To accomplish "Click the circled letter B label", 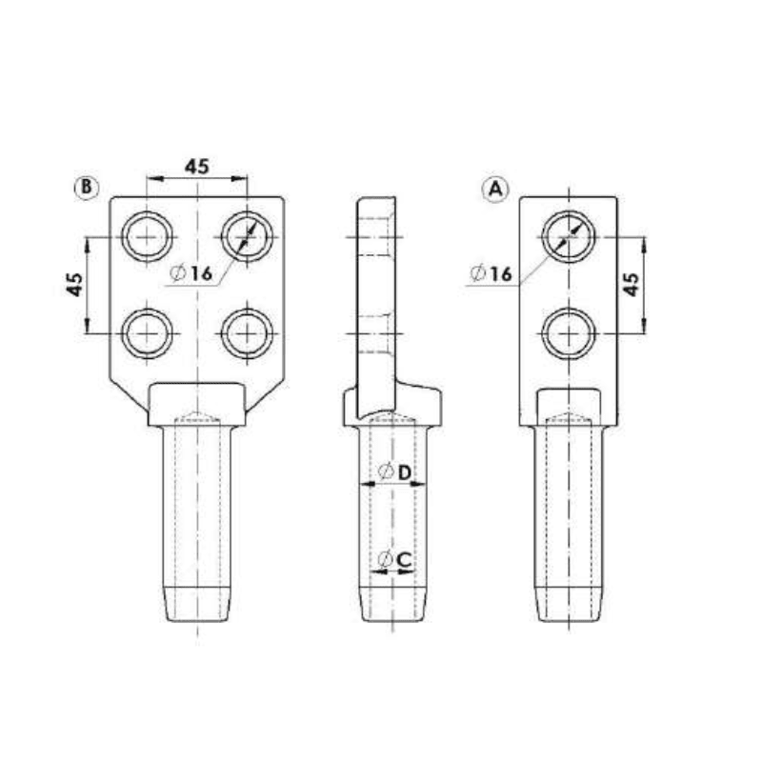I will click(x=86, y=188).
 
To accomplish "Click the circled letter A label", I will click(x=494, y=189).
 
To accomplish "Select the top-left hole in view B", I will click(x=149, y=234).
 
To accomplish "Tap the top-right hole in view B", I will click(x=247, y=234).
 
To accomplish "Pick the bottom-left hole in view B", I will click(x=149, y=332).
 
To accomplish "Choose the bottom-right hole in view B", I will click(x=247, y=332).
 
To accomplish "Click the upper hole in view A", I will click(x=569, y=234).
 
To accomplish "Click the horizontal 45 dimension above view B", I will click(x=196, y=166).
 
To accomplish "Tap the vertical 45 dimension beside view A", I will click(x=630, y=283).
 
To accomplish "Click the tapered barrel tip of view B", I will click(x=197, y=602).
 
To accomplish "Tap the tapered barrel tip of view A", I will click(x=569, y=602).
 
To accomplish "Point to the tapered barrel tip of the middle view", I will click(x=391, y=602).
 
